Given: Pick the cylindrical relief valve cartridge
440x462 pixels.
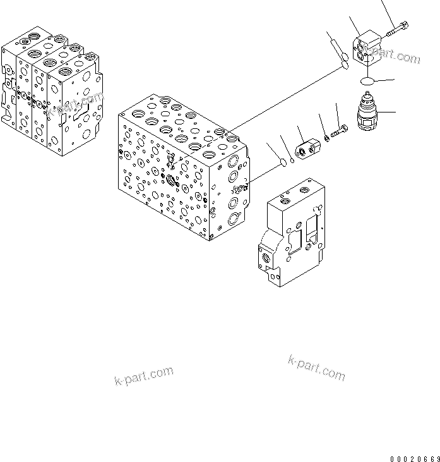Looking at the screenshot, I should [x=368, y=115].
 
